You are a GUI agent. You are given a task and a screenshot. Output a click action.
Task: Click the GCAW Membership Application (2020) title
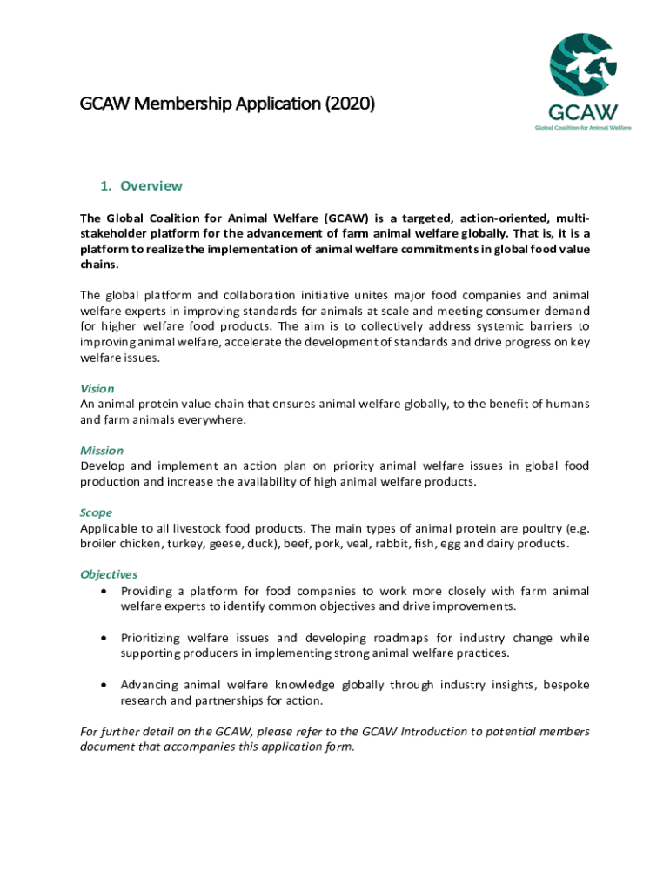click(x=227, y=104)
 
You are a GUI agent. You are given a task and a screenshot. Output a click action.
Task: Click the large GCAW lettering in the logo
click(x=583, y=112)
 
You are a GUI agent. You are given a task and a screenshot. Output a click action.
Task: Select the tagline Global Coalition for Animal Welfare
click(x=583, y=127)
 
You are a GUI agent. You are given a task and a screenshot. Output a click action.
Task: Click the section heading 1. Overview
click(x=141, y=185)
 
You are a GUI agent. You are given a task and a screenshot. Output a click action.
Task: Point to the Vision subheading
click(x=97, y=388)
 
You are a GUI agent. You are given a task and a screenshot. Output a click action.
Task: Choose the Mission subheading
click(x=102, y=450)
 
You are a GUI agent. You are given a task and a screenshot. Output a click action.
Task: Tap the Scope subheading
click(x=96, y=512)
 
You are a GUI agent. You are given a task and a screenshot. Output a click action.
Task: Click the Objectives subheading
click(x=109, y=574)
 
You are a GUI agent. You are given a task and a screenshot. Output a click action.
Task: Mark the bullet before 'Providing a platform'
click(x=105, y=591)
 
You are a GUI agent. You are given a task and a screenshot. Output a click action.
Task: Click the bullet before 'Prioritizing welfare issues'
click(x=105, y=638)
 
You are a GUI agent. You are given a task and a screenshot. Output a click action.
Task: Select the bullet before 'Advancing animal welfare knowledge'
click(x=105, y=685)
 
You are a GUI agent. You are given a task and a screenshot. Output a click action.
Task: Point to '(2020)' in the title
click(x=350, y=104)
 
